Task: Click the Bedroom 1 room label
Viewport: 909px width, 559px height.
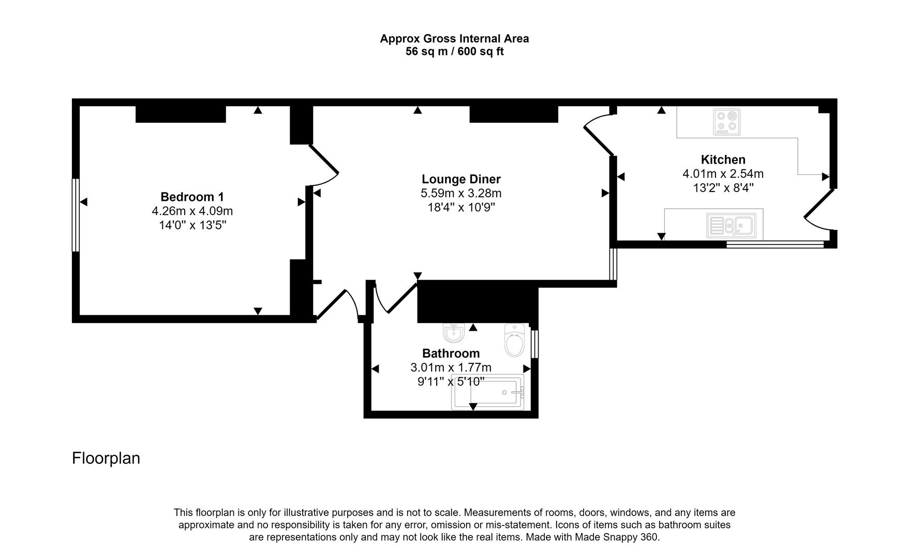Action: coord(192,197)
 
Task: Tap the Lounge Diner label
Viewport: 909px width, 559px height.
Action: coord(461,179)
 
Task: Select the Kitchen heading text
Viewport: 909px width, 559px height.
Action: coord(723,159)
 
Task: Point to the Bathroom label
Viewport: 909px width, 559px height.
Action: coord(451,353)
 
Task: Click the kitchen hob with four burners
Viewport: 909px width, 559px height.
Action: coord(726,122)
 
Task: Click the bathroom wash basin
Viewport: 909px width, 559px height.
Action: coord(453,333)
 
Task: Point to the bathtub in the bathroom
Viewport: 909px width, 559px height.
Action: coord(488,392)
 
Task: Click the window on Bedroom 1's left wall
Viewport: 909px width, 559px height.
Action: coord(76,215)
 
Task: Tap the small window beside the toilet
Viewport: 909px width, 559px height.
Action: coord(535,344)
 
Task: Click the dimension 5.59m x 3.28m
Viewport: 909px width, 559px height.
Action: coord(461,193)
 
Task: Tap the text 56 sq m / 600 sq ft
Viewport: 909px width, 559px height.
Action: coord(454,52)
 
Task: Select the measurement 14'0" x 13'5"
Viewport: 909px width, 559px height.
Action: coord(192,225)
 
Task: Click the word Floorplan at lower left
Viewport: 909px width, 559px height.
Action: coord(106,458)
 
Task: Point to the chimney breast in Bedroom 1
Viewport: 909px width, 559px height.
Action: coord(181,114)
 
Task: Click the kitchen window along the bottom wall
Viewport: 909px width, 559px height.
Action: coord(774,243)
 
